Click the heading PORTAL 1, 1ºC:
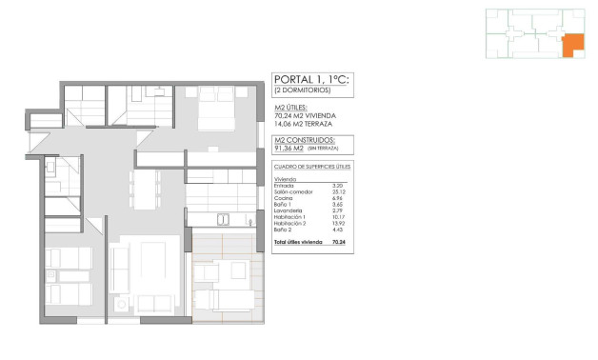pos(310,80)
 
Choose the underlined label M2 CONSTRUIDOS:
pos(302,139)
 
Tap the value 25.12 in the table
pos(338,190)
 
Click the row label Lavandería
pos(288,210)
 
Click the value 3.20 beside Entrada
pos(337,185)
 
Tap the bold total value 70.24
pos(338,243)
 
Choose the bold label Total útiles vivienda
pos(295,243)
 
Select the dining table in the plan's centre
pos(147,186)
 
